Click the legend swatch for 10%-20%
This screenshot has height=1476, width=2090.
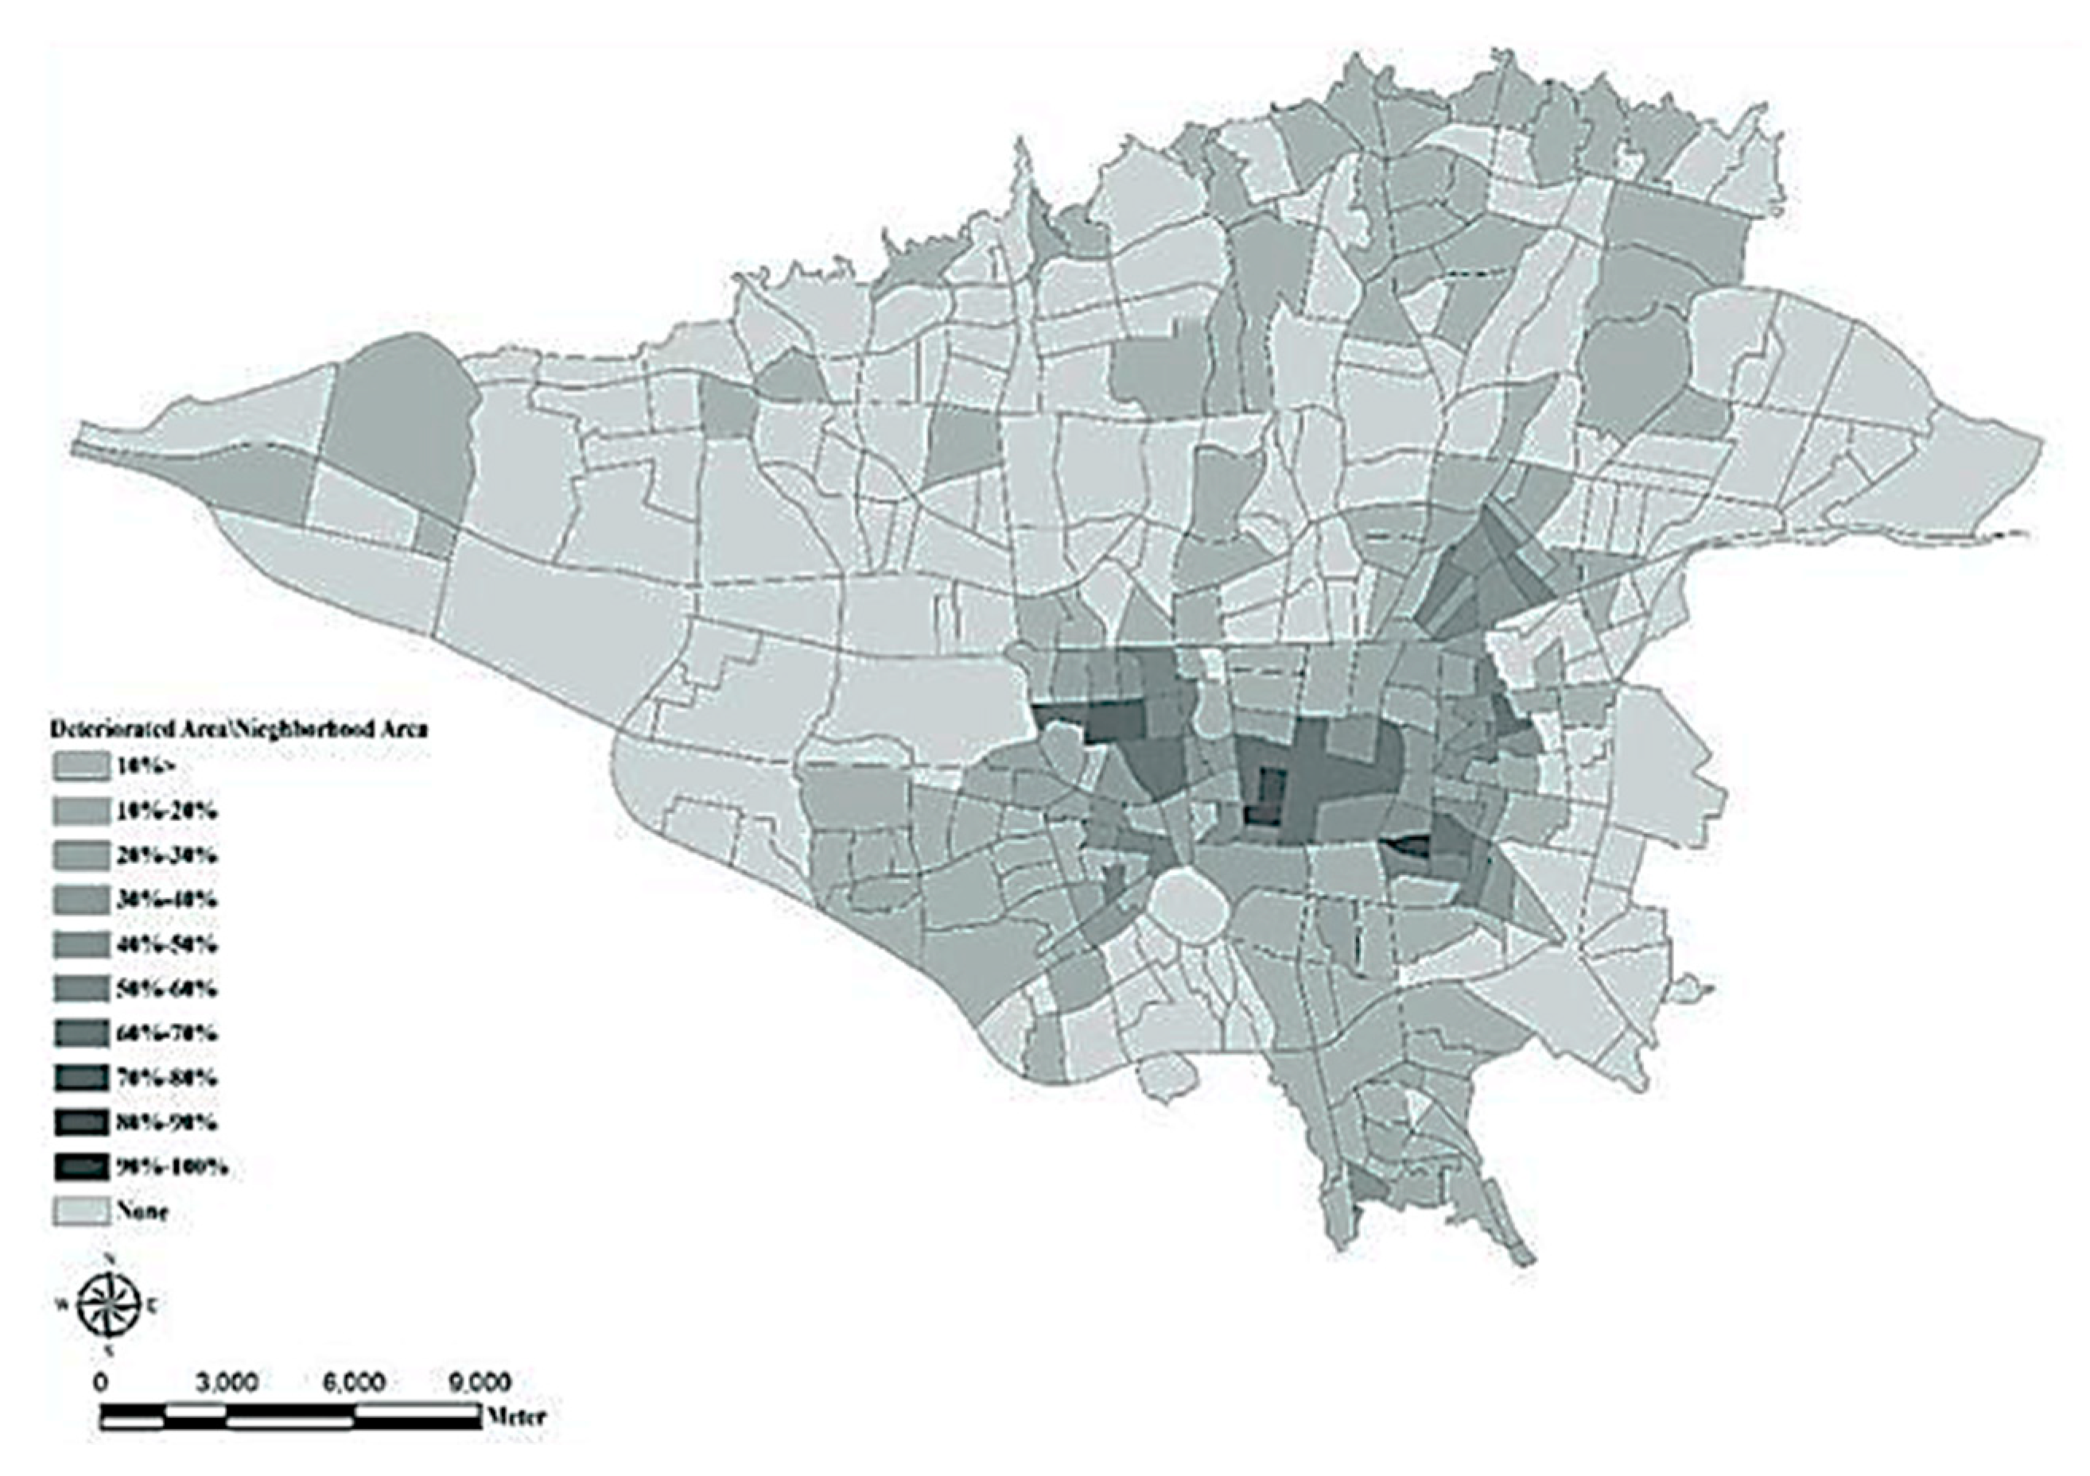[80, 810]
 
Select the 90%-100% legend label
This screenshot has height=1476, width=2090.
[171, 1168]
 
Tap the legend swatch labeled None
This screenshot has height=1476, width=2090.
[80, 1211]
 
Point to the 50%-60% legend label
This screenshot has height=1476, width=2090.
[165, 989]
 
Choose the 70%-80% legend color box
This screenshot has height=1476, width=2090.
[80, 1079]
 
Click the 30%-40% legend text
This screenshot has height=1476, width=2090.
[165, 900]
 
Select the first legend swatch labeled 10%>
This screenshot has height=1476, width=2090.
[80, 765]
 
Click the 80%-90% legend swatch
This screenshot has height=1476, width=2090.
[80, 1123]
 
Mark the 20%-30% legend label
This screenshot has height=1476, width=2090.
[165, 855]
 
